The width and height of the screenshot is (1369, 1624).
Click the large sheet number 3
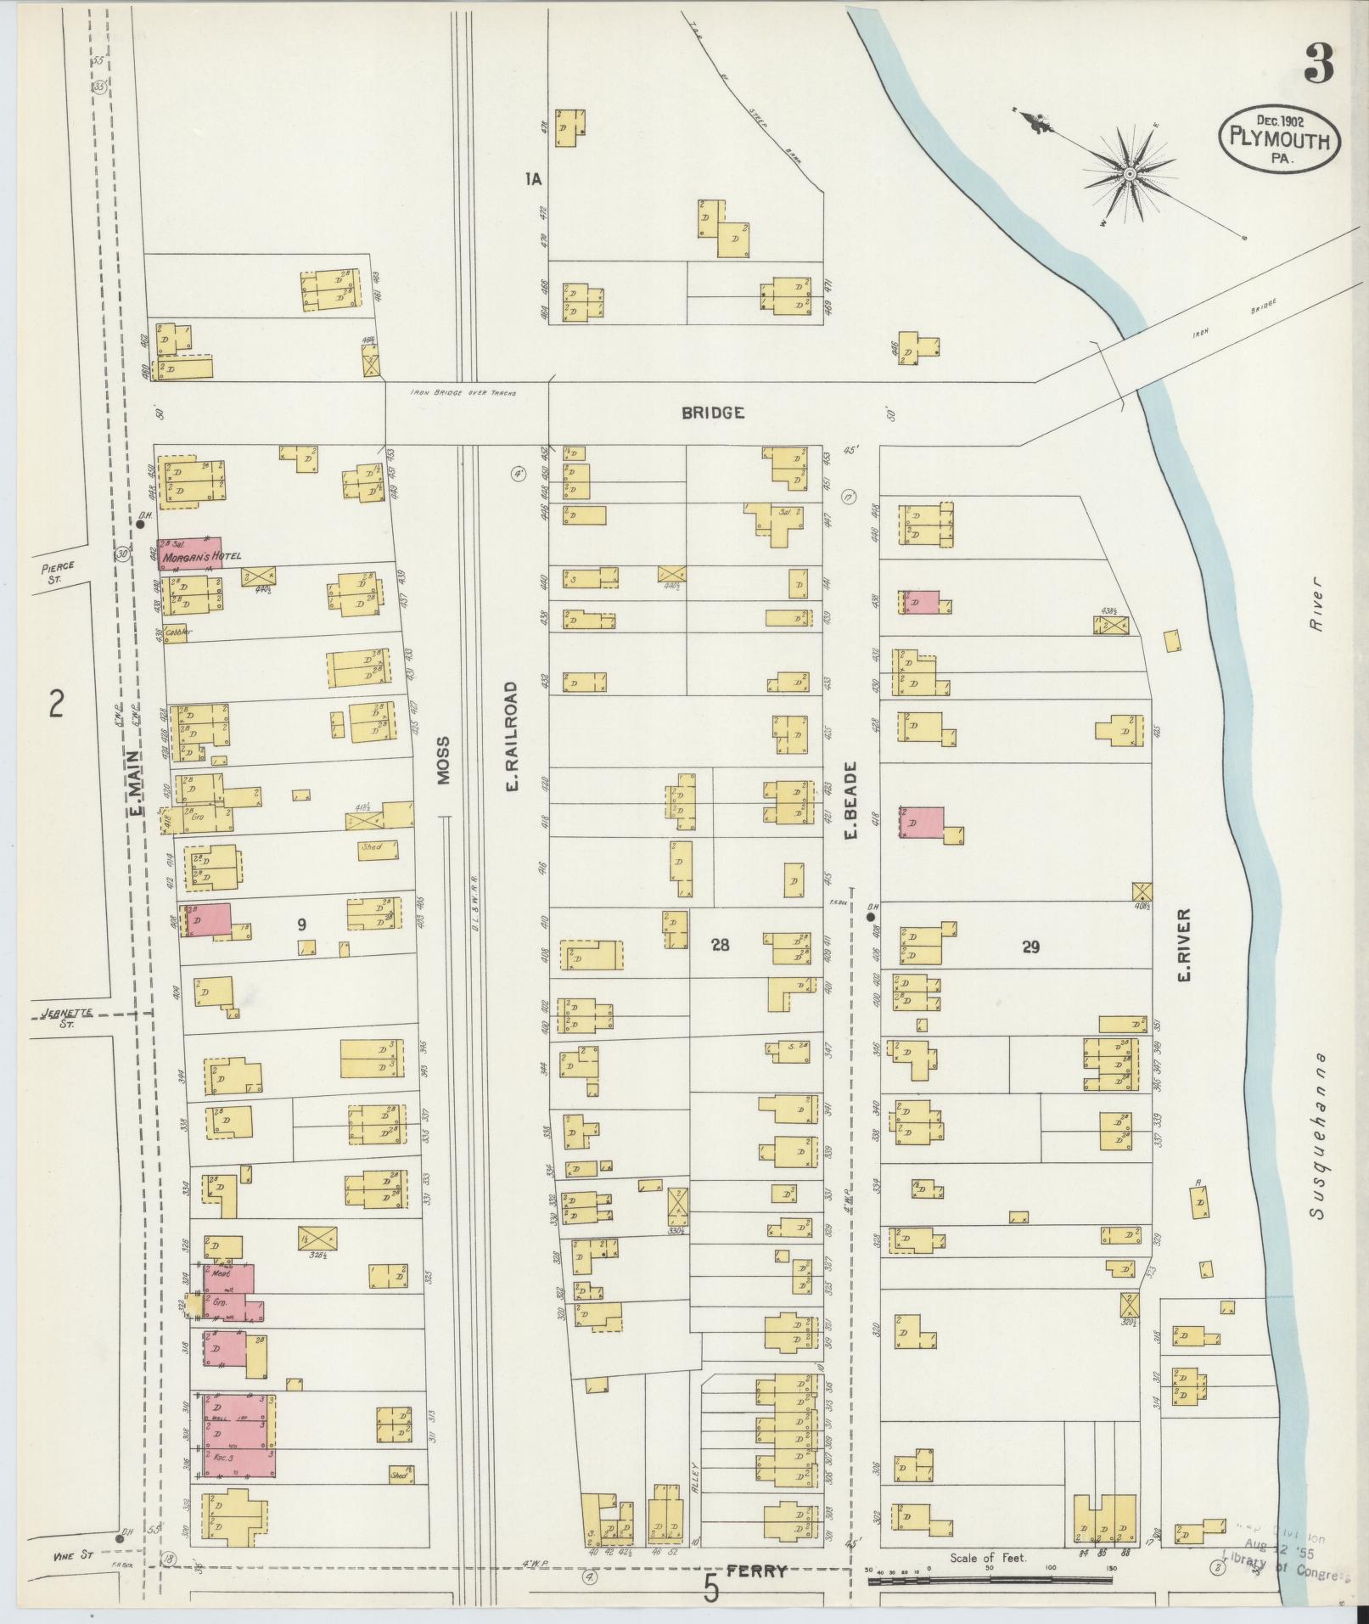[x=1318, y=64]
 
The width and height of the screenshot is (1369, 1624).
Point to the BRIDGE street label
[x=713, y=413]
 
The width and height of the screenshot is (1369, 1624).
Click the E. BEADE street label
[x=851, y=801]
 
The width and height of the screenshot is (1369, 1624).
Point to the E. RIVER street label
[x=1185, y=944]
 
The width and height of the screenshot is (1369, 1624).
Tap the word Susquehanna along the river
[x=1316, y=1137]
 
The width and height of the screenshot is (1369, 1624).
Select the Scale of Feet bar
[x=989, y=1580]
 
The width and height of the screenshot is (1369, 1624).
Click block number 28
[x=720, y=944]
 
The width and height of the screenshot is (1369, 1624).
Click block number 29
[x=1030, y=947]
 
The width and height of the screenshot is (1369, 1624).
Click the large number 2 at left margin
[x=56, y=704]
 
